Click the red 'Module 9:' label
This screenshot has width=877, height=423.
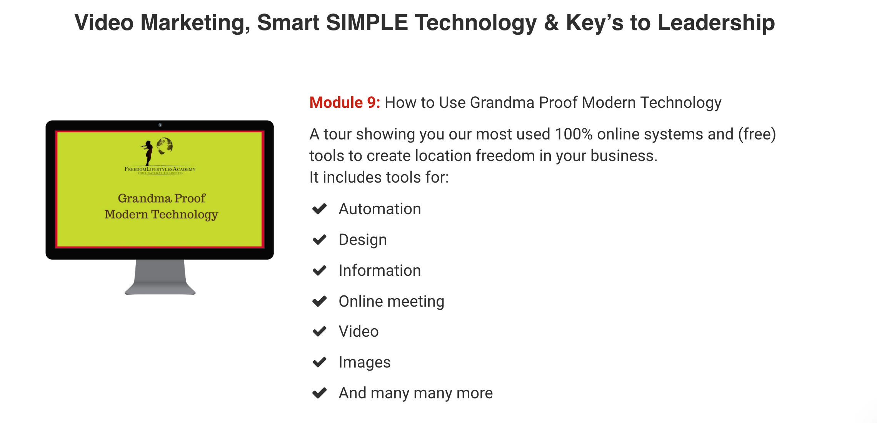[345, 102]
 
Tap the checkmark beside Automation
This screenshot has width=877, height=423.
[319, 209]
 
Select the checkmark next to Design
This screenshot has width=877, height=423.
[319, 240]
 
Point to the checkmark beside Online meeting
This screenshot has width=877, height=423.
[319, 301]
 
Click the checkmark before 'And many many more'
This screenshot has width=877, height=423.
[319, 393]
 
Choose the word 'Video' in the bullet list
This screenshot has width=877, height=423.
[358, 331]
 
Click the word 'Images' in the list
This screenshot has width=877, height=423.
[365, 363]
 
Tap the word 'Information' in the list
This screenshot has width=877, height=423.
[380, 270]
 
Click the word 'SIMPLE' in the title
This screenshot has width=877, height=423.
[367, 22]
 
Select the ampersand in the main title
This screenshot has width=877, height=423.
[551, 22]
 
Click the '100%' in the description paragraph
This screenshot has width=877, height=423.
[574, 134]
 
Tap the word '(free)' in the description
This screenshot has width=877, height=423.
[757, 134]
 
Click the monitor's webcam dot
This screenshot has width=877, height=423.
[160, 125]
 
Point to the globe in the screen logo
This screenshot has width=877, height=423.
[165, 146]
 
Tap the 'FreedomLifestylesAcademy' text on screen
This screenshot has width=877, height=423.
[160, 169]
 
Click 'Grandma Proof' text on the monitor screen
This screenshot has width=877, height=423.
[162, 198]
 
